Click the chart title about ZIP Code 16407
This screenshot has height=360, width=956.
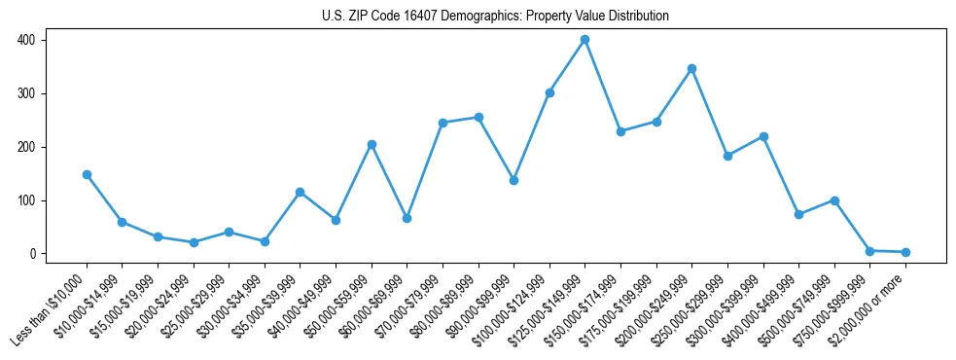click(x=495, y=16)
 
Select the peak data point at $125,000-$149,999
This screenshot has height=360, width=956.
click(x=584, y=40)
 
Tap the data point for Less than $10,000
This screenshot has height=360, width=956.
click(x=87, y=175)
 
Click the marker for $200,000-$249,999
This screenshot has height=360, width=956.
click(x=691, y=69)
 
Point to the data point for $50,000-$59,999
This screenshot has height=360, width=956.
click(x=372, y=145)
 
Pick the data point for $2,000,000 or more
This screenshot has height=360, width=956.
click(x=905, y=252)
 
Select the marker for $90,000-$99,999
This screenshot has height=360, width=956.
click(x=513, y=180)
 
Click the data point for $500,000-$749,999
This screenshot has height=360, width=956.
click(x=834, y=200)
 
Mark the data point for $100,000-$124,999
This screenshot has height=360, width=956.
click(x=549, y=93)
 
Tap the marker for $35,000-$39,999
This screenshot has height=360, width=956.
click(x=301, y=192)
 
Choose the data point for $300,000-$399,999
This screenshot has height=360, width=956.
click(x=763, y=137)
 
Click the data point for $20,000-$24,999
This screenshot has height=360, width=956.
click(x=194, y=242)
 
